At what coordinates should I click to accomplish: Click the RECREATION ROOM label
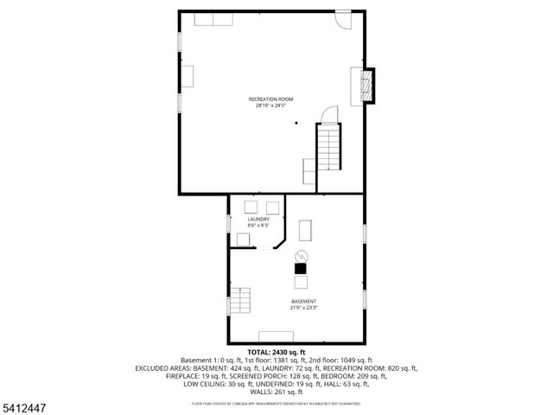coord(270,99)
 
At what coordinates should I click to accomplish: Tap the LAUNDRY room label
coord(258,220)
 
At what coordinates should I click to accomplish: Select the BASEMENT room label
coord(303,301)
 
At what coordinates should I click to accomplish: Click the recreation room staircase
coord(329,147)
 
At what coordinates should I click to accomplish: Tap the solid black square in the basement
coord(300,269)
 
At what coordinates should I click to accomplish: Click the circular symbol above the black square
coord(301,256)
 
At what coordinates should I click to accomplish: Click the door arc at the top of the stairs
coord(329,115)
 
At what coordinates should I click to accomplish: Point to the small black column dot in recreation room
coord(295,123)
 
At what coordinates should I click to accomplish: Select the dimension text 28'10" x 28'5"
coord(270,106)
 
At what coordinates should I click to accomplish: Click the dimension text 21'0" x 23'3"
coord(303,308)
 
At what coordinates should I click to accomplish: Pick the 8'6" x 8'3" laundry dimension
coord(258,226)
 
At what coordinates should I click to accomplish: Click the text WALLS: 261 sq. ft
coord(276,391)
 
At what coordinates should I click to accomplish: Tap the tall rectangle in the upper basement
coord(305,229)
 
